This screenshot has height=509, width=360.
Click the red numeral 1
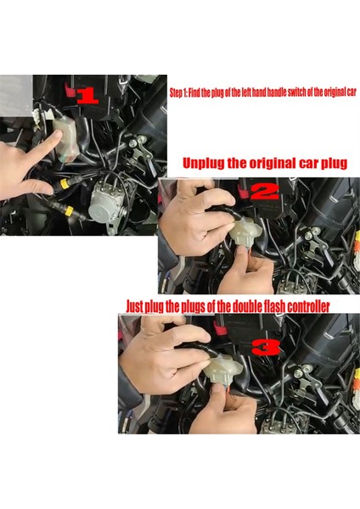(87, 96)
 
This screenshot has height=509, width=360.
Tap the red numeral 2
(265, 192)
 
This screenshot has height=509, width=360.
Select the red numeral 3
(266, 347)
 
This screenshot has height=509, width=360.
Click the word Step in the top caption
(176, 92)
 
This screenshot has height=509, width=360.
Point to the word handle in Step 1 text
(277, 92)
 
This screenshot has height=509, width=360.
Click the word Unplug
(204, 163)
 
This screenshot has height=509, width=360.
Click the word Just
(134, 306)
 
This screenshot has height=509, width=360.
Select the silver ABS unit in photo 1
(107, 200)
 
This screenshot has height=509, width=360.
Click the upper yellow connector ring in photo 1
(65, 184)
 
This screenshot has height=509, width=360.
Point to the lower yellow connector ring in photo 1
(70, 211)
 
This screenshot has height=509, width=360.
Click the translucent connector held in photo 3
(224, 369)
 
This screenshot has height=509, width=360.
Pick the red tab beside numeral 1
(69, 90)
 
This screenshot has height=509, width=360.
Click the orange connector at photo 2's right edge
(357, 248)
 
